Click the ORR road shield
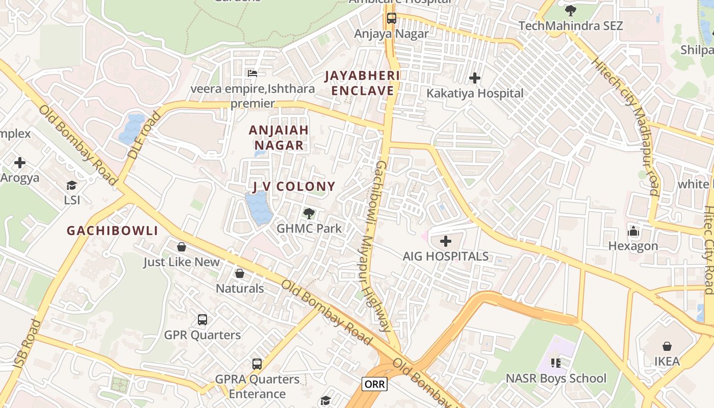point(374,384)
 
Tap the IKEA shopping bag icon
point(667,347)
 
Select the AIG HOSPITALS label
point(446,256)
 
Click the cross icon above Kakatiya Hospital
point(475,78)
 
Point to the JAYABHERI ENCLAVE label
point(362,83)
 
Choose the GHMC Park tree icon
point(309,213)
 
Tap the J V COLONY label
point(294,187)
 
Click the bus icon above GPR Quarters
point(202,320)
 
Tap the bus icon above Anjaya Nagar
point(392,18)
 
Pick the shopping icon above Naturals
point(240,273)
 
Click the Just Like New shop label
point(181,262)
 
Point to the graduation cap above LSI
point(72,185)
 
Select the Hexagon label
point(633,246)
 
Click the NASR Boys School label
point(556,378)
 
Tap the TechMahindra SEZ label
point(571,25)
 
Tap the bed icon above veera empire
point(252,73)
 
